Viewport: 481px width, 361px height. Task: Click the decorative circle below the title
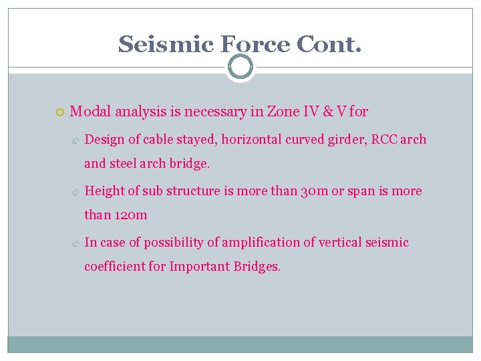240,67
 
